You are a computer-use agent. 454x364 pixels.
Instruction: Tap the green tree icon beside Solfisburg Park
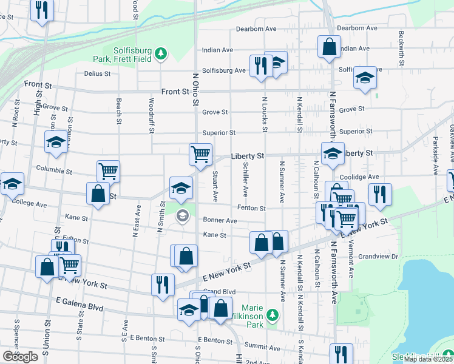[x=161, y=55]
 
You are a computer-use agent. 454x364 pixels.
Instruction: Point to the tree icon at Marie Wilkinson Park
[x=273, y=314]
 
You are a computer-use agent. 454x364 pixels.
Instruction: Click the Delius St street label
[x=97, y=73]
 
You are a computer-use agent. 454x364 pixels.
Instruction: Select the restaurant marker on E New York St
[x=163, y=284]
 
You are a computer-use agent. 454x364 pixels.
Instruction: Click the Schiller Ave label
[x=245, y=179]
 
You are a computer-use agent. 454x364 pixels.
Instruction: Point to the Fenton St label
[x=251, y=208]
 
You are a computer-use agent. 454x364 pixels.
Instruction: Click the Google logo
[x=20, y=357]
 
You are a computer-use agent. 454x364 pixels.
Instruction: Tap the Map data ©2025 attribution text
[x=427, y=359]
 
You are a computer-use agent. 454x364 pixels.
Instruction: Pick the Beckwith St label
[x=401, y=44]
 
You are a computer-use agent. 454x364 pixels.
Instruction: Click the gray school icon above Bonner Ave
[x=182, y=216]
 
